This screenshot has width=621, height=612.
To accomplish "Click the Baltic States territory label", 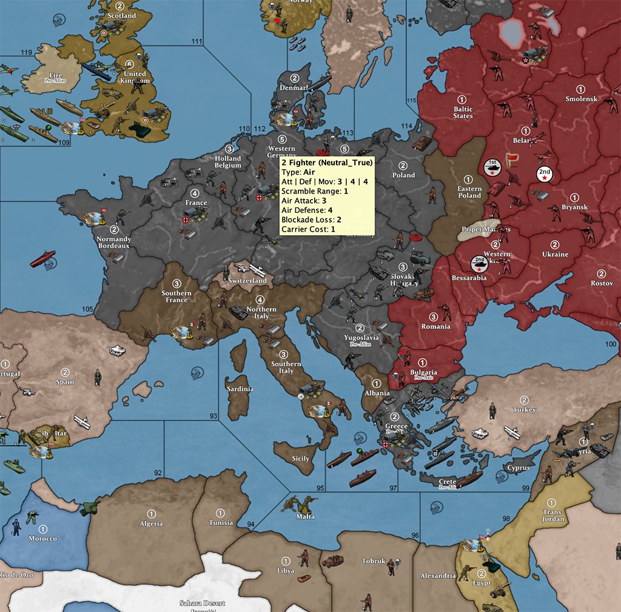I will point(463,112).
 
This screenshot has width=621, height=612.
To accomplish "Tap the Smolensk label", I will point(581,99).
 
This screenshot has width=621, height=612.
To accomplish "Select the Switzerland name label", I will point(247,281).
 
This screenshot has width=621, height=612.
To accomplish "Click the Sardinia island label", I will point(240,389).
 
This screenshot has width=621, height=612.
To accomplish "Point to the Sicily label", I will point(301,459).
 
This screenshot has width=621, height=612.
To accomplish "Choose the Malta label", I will point(306,517).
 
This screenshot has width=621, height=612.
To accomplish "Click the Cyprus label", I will point(519,468).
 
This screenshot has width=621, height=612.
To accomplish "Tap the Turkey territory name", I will point(525,409).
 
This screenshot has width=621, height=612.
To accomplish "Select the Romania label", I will point(436,326).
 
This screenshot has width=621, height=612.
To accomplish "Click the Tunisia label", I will point(221,522).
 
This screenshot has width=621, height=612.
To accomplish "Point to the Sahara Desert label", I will point(202,603).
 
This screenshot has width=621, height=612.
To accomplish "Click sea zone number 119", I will point(26,53).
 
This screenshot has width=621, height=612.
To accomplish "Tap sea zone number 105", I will point(87,309).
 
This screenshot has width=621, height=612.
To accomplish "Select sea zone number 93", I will point(213,416).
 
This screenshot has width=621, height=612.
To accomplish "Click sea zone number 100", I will point(610,345).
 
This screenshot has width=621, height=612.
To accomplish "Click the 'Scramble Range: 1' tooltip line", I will point(315,191).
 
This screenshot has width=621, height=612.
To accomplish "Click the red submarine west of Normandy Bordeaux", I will point(42,259).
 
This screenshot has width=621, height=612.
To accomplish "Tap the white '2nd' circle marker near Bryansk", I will point(545,173).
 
